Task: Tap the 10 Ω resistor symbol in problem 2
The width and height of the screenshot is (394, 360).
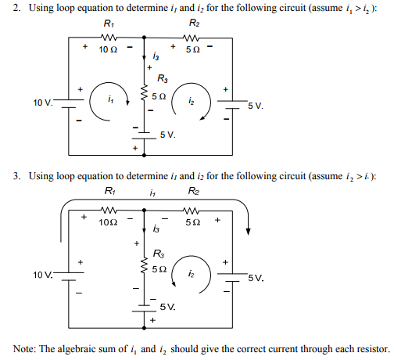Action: (108, 37)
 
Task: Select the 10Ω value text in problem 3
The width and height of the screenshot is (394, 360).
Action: (109, 222)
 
